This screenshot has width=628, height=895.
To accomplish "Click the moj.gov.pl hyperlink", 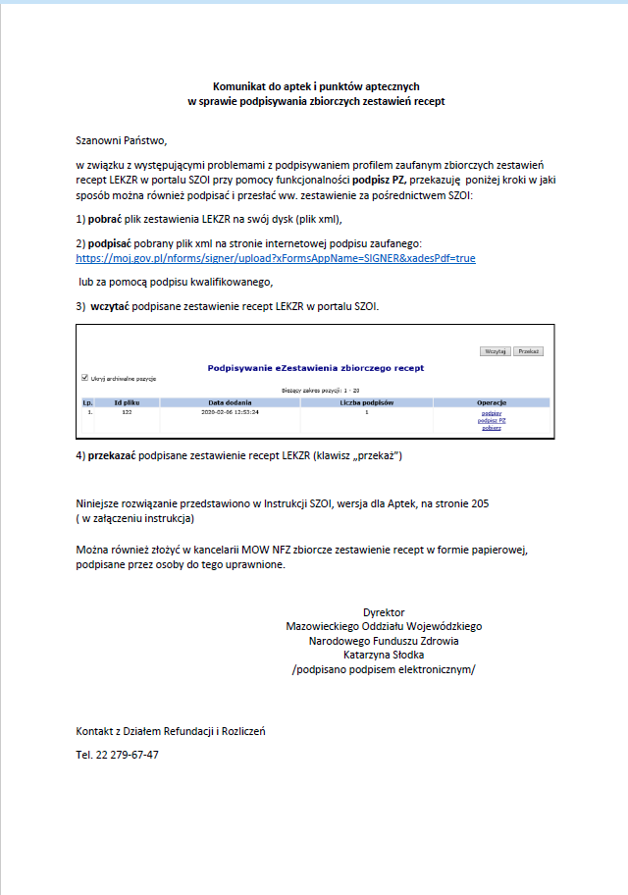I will pos(276,258).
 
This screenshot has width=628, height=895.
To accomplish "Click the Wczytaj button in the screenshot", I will pos(495,350).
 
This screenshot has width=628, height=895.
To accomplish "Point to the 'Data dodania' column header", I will pos(230,402).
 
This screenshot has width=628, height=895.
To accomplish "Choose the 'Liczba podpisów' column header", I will pos(366,402).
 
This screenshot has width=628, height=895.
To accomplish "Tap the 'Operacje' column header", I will pos(491,402).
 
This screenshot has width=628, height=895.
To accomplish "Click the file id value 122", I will pos(127,412).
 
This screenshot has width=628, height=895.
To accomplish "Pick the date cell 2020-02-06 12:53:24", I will pos(230,412).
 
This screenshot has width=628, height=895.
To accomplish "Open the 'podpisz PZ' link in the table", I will pos(492,420).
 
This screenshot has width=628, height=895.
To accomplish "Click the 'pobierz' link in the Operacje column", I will pos(492,428).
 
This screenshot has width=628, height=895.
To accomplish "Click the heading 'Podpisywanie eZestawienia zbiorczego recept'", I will pos(316,367).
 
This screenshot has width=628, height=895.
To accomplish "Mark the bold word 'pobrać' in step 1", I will pos(108,219).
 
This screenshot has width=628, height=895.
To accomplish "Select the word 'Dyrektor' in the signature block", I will pos(384,612).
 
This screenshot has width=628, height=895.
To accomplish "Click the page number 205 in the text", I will pos(480,502).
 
